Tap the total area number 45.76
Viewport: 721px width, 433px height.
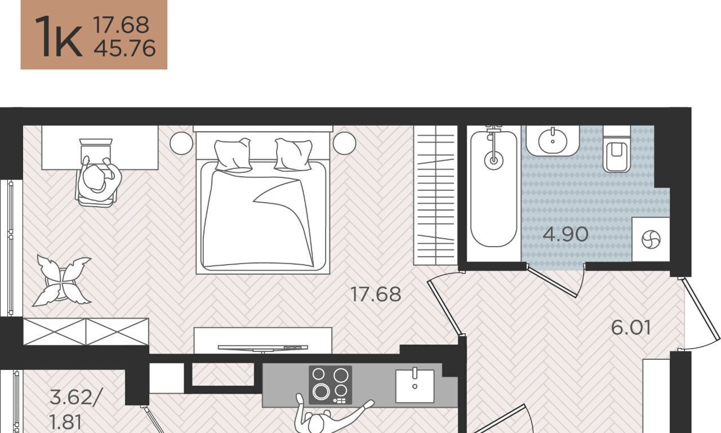pyautogui.click(x=125, y=48)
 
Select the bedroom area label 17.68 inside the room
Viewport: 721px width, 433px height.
pyautogui.click(x=376, y=294)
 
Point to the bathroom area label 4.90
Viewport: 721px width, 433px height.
pyautogui.click(x=566, y=234)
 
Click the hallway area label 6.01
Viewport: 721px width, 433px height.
pyautogui.click(x=631, y=328)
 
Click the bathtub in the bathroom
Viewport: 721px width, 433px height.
pyautogui.click(x=494, y=189)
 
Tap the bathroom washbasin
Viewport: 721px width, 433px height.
pyautogui.click(x=553, y=141)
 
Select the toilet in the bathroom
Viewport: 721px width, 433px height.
pyautogui.click(x=617, y=149)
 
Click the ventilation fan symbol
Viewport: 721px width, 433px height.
pyautogui.click(x=651, y=239)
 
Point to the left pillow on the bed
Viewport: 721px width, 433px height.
pyautogui.click(x=233, y=155)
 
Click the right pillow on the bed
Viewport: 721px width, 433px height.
pyautogui.click(x=293, y=155)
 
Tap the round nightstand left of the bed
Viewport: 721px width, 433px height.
pyautogui.click(x=181, y=143)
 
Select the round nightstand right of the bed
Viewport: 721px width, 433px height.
pyautogui.click(x=344, y=143)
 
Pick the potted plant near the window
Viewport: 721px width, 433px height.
pyautogui.click(x=62, y=280)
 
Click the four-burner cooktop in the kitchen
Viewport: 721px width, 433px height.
pyautogui.click(x=330, y=385)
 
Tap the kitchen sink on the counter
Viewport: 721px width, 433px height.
pyautogui.click(x=415, y=386)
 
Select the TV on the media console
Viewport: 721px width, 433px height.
pyautogui.click(x=263, y=348)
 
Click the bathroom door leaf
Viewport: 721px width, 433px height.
pyautogui.click(x=551, y=282)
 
